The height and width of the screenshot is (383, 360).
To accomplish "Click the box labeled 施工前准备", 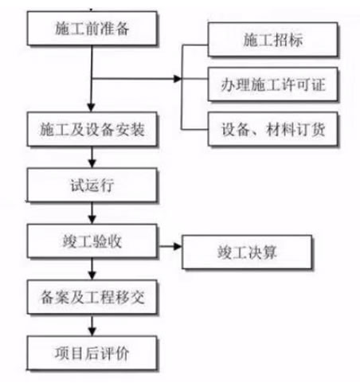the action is [x=92, y=28].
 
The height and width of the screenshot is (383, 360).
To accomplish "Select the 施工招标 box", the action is [x=272, y=40].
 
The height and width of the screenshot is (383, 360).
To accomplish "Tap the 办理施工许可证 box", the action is [x=272, y=84].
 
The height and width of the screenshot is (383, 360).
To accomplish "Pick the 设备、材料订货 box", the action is [x=272, y=129].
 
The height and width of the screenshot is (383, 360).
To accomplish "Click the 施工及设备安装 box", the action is [x=92, y=129].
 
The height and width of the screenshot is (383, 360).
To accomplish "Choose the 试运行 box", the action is [x=92, y=185].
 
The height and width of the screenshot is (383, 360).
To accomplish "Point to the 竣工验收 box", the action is [x=92, y=241].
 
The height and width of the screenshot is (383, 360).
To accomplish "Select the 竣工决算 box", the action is [x=247, y=252].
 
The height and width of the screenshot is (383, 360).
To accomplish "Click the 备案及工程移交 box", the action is [x=92, y=297].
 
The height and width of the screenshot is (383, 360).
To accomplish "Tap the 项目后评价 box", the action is [x=92, y=353].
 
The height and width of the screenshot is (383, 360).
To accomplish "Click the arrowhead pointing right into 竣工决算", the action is [x=178, y=247].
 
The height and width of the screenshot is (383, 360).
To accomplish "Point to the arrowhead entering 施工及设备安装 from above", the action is [x=92, y=107].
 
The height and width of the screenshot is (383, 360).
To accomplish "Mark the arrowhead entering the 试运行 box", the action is [x=92, y=163].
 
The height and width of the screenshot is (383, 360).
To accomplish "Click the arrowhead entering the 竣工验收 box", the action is [x=92, y=220].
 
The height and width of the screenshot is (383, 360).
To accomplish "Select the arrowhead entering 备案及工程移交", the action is [x=92, y=276].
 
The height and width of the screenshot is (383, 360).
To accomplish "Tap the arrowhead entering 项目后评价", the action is [x=92, y=331].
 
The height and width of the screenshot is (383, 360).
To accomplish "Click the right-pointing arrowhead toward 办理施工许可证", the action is [x=178, y=79].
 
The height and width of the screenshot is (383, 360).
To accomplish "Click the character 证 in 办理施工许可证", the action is [x=319, y=84].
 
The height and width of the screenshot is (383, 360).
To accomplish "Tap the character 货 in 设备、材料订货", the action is [x=318, y=129].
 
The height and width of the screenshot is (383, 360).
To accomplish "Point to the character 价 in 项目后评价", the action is [x=122, y=354].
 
